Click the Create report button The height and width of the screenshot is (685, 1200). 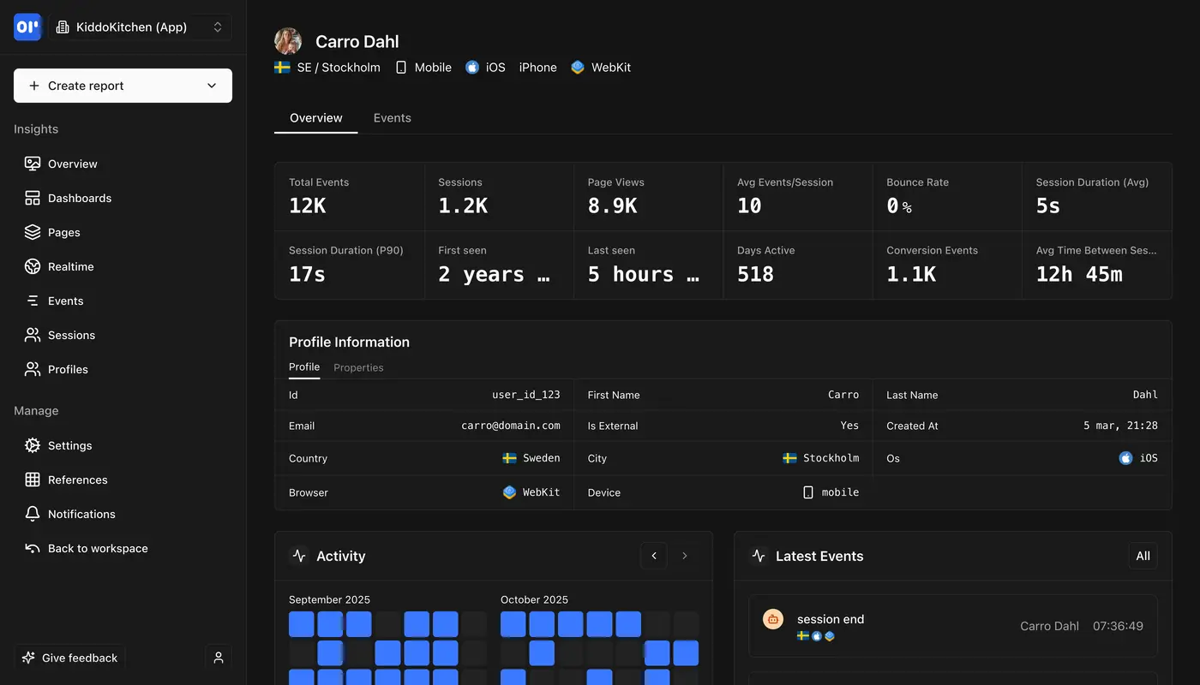click(123, 86)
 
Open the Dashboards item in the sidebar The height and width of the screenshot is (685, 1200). click(79, 198)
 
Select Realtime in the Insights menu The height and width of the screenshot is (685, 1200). click(70, 266)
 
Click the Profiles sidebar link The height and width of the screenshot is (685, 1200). click(68, 369)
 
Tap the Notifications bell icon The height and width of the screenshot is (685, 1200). click(33, 514)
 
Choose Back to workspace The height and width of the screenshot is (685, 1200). click(97, 548)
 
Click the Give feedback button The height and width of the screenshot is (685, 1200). click(70, 658)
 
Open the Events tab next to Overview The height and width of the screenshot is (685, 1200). click(392, 118)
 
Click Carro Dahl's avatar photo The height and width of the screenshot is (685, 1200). click(288, 41)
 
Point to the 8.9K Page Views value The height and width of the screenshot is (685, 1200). click(612, 205)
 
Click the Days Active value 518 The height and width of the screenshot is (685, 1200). click(755, 274)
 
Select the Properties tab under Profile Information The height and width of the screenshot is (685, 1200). click(358, 367)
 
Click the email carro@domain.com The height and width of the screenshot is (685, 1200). click(510, 426)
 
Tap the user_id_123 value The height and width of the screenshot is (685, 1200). click(525, 395)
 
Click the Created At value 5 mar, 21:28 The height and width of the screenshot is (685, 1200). click(1120, 426)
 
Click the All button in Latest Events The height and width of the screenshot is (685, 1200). click(1143, 556)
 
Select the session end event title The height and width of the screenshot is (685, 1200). click(830, 619)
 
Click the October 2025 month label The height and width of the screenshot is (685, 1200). click(534, 599)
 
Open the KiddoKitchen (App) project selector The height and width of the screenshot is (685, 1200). click(140, 27)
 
